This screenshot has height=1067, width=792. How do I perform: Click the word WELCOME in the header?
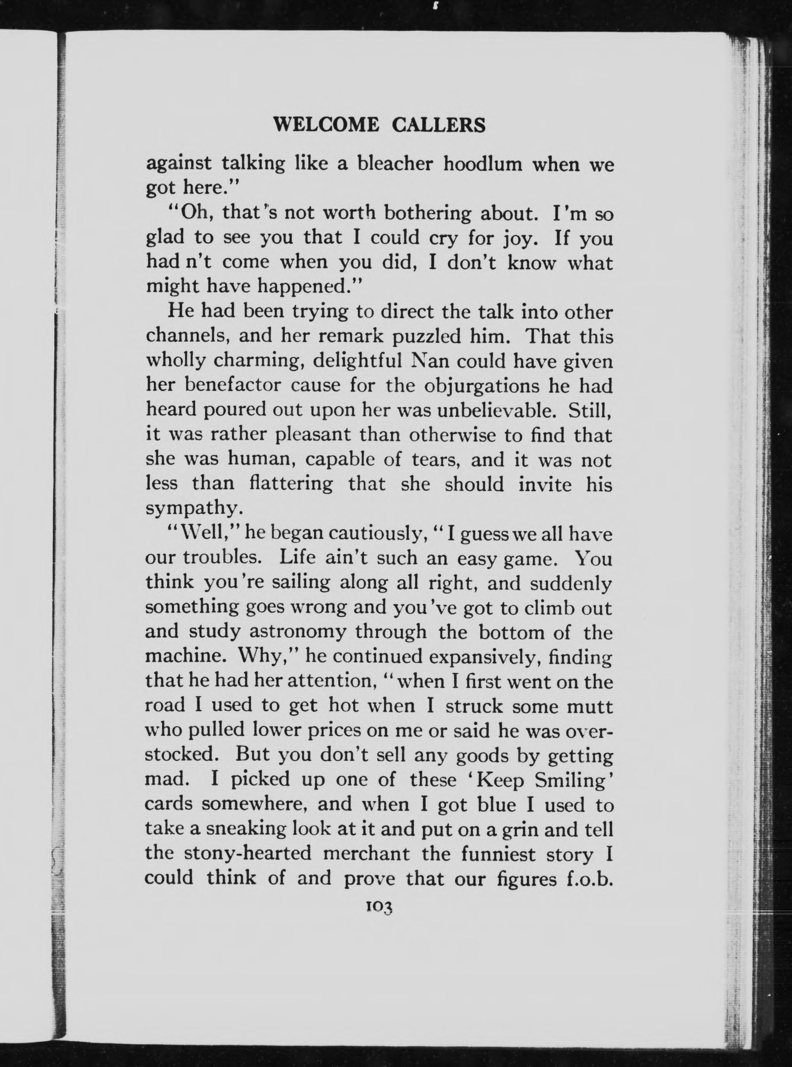[x=326, y=125]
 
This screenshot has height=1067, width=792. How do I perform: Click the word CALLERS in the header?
[x=438, y=125]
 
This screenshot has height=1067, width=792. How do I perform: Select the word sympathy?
[x=191, y=508]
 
